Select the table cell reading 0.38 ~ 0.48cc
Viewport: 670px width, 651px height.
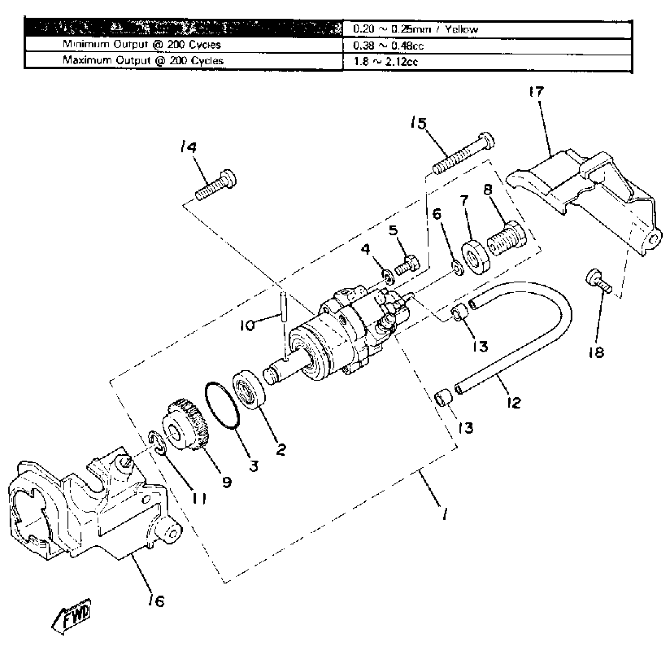486,46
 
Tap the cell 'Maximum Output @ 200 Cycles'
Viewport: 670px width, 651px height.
184,61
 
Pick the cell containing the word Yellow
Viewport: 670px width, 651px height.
486,29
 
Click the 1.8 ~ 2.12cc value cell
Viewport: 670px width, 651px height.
486,61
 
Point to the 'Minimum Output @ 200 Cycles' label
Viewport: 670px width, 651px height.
184,45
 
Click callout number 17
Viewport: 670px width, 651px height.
536,92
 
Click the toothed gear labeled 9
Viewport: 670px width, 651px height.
187,424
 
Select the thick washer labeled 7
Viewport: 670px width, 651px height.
476,257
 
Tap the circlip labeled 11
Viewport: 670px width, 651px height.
157,443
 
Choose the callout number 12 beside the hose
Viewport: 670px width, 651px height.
514,402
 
